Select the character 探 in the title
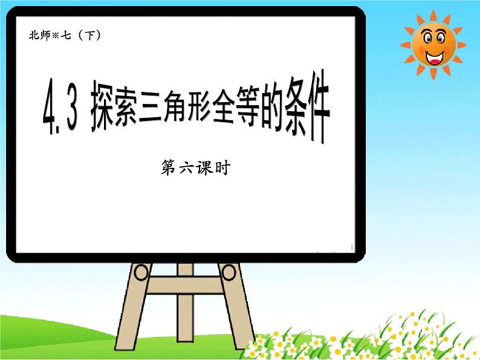click(x=106, y=111)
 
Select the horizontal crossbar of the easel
click(x=184, y=281)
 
